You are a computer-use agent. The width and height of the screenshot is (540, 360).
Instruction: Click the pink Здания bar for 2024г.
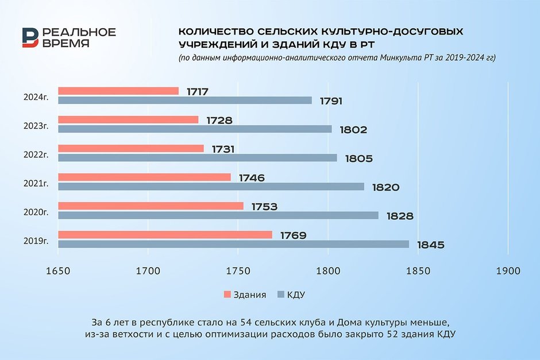pos(118,91)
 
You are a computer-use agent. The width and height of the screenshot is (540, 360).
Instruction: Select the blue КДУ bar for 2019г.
pos(233,244)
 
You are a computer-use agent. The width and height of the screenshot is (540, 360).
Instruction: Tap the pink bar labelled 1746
pos(145,177)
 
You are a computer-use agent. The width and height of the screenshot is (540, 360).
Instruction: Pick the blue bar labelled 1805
pos(198,158)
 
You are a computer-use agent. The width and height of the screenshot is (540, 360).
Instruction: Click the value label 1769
pos(294,235)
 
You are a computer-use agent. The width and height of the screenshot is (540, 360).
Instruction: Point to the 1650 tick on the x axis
pos(58,270)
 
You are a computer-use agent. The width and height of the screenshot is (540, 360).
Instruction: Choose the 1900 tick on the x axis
pos(507,270)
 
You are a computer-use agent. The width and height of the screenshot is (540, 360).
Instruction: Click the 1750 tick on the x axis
pos(238,270)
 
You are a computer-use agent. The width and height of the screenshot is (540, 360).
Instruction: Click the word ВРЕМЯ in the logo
pos(65,44)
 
